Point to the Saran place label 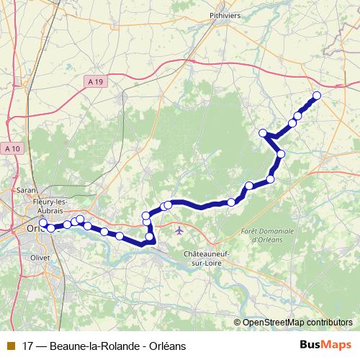coord(27,190)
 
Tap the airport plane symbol coord(179,230)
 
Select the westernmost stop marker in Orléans coord(42,223)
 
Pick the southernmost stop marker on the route coord(150,237)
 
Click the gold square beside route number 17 coord(10,346)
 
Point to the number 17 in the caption coord(29,346)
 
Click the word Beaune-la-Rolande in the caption coord(93,346)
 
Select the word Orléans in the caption coord(167,346)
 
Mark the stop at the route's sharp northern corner coord(264,132)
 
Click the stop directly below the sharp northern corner coord(281,153)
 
